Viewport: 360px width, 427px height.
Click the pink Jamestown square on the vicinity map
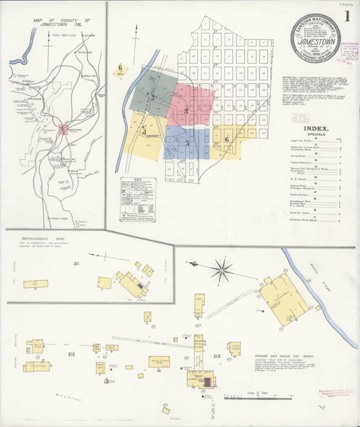[63, 128]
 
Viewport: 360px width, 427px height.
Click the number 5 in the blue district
[187, 143]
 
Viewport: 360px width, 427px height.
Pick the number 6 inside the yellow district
[228, 139]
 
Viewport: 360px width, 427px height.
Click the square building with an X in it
[147, 316]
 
